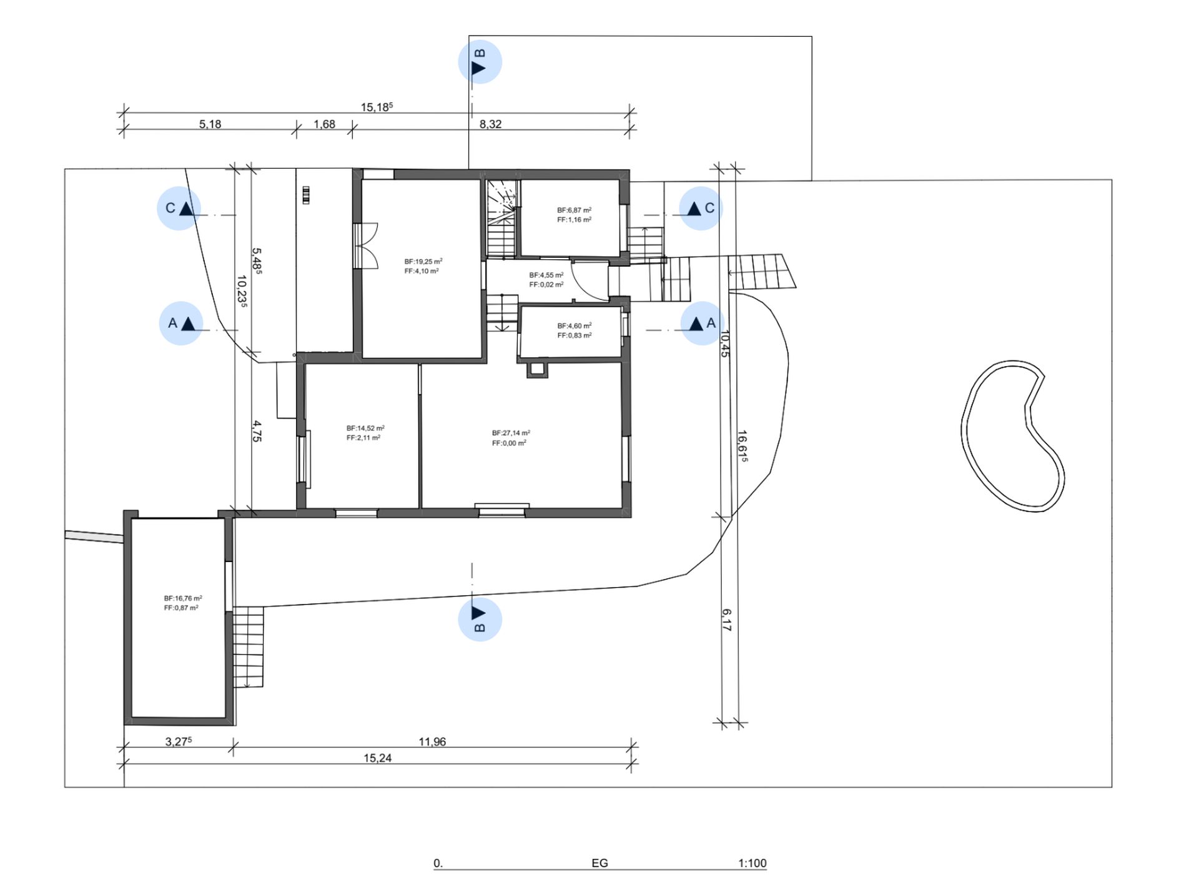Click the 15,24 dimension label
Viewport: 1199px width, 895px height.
pos(378,758)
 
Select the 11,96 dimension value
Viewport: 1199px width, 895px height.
pos(432,741)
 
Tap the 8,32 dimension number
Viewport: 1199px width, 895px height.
pos(490,124)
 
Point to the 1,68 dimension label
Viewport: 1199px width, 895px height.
pos(324,124)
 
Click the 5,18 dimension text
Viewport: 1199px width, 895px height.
pos(210,124)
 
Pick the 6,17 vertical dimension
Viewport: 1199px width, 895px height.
pos(726,620)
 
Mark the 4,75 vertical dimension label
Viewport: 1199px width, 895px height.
pos(257,432)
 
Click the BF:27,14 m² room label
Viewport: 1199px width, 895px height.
pos(511,433)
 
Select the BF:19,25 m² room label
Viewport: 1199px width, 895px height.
pos(423,262)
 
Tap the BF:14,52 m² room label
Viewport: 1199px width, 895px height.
pos(365,428)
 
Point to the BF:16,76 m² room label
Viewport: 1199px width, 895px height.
pos(183,598)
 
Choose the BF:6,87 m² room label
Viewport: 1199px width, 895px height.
pos(574,210)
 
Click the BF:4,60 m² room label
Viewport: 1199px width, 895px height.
pos(574,325)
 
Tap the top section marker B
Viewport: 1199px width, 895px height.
pos(480,62)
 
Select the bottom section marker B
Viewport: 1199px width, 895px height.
pos(480,619)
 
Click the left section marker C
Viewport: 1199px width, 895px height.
pos(179,208)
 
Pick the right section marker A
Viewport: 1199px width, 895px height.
pos(703,323)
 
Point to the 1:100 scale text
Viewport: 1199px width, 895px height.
pos(752,863)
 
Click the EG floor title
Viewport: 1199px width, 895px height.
pos(599,863)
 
